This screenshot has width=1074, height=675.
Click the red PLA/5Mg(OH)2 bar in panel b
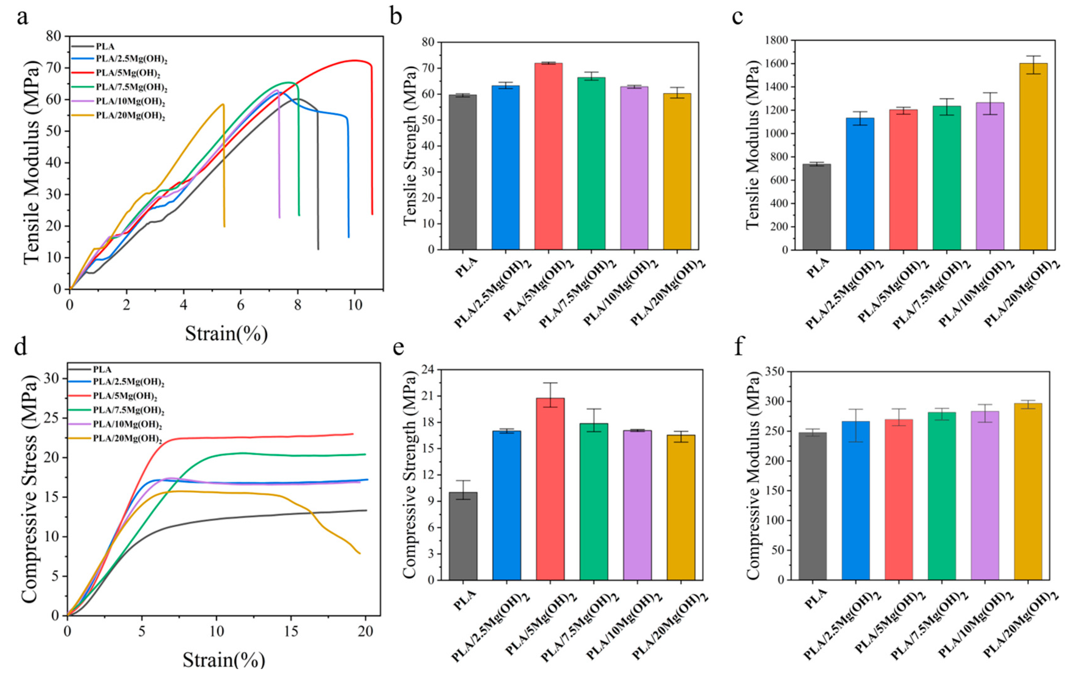[548, 156]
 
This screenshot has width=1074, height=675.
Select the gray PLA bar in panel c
[817, 207]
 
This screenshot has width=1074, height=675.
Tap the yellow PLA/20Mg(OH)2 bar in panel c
[1033, 156]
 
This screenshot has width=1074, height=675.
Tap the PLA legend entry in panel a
[105, 46]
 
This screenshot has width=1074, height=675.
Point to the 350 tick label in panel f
[776, 371]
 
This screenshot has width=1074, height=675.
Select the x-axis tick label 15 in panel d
[291, 632]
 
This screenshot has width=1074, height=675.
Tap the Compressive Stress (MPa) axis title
[29, 489]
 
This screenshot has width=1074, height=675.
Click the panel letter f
[739, 347]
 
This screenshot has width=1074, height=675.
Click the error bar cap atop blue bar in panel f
[855, 409]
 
